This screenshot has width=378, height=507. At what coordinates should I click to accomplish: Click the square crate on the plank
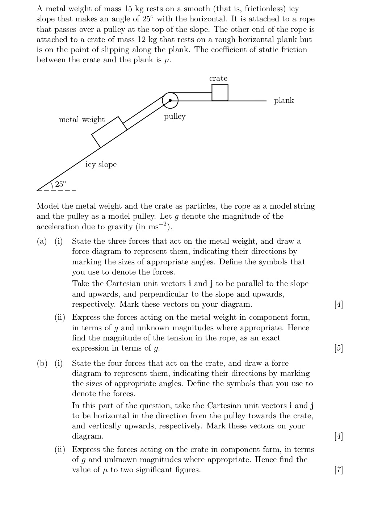220,93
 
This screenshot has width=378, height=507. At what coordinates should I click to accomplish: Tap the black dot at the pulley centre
170,100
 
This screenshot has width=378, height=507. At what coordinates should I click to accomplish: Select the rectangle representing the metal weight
109,132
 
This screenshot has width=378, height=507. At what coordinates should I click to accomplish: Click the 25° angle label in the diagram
61,184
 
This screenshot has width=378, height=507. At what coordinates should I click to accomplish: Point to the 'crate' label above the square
218,78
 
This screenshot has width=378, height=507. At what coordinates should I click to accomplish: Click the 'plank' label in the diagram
284,100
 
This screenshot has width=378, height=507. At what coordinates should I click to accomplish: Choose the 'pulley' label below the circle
175,116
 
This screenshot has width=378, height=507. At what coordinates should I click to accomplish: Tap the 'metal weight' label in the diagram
82,120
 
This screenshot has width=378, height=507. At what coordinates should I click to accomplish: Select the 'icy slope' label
101,164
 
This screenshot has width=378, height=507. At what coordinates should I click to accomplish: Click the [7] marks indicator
339,470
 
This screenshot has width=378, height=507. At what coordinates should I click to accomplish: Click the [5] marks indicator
339,348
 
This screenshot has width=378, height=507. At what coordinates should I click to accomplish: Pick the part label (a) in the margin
42,241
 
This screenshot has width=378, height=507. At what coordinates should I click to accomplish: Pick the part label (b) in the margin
42,363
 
